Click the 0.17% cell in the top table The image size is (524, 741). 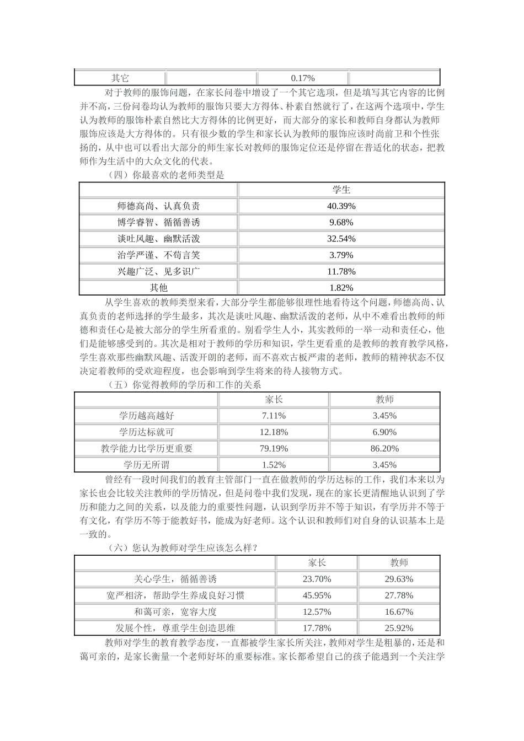coord(302,78)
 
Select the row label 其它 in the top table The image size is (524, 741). coord(120,78)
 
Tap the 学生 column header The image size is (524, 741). coord(341,190)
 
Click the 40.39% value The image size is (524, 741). coord(341,206)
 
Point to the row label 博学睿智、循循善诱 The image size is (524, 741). coord(159,223)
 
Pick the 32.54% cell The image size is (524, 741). coord(341,239)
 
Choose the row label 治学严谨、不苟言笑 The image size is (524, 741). coord(159,255)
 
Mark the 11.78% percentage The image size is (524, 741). coord(341,271)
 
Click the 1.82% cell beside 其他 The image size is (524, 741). coord(341,288)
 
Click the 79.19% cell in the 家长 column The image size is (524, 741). coord(274,449)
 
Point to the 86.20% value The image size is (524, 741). coord(384,449)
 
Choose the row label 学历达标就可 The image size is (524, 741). coord(147,432)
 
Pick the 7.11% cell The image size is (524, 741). coord(274,416)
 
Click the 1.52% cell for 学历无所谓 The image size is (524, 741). coord(274,465)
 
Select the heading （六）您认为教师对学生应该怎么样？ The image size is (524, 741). coord(182,547)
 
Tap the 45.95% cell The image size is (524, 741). coord(317,595)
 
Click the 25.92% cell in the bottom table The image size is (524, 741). coord(399,628)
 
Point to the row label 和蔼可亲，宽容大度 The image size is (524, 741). coord(175,612)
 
